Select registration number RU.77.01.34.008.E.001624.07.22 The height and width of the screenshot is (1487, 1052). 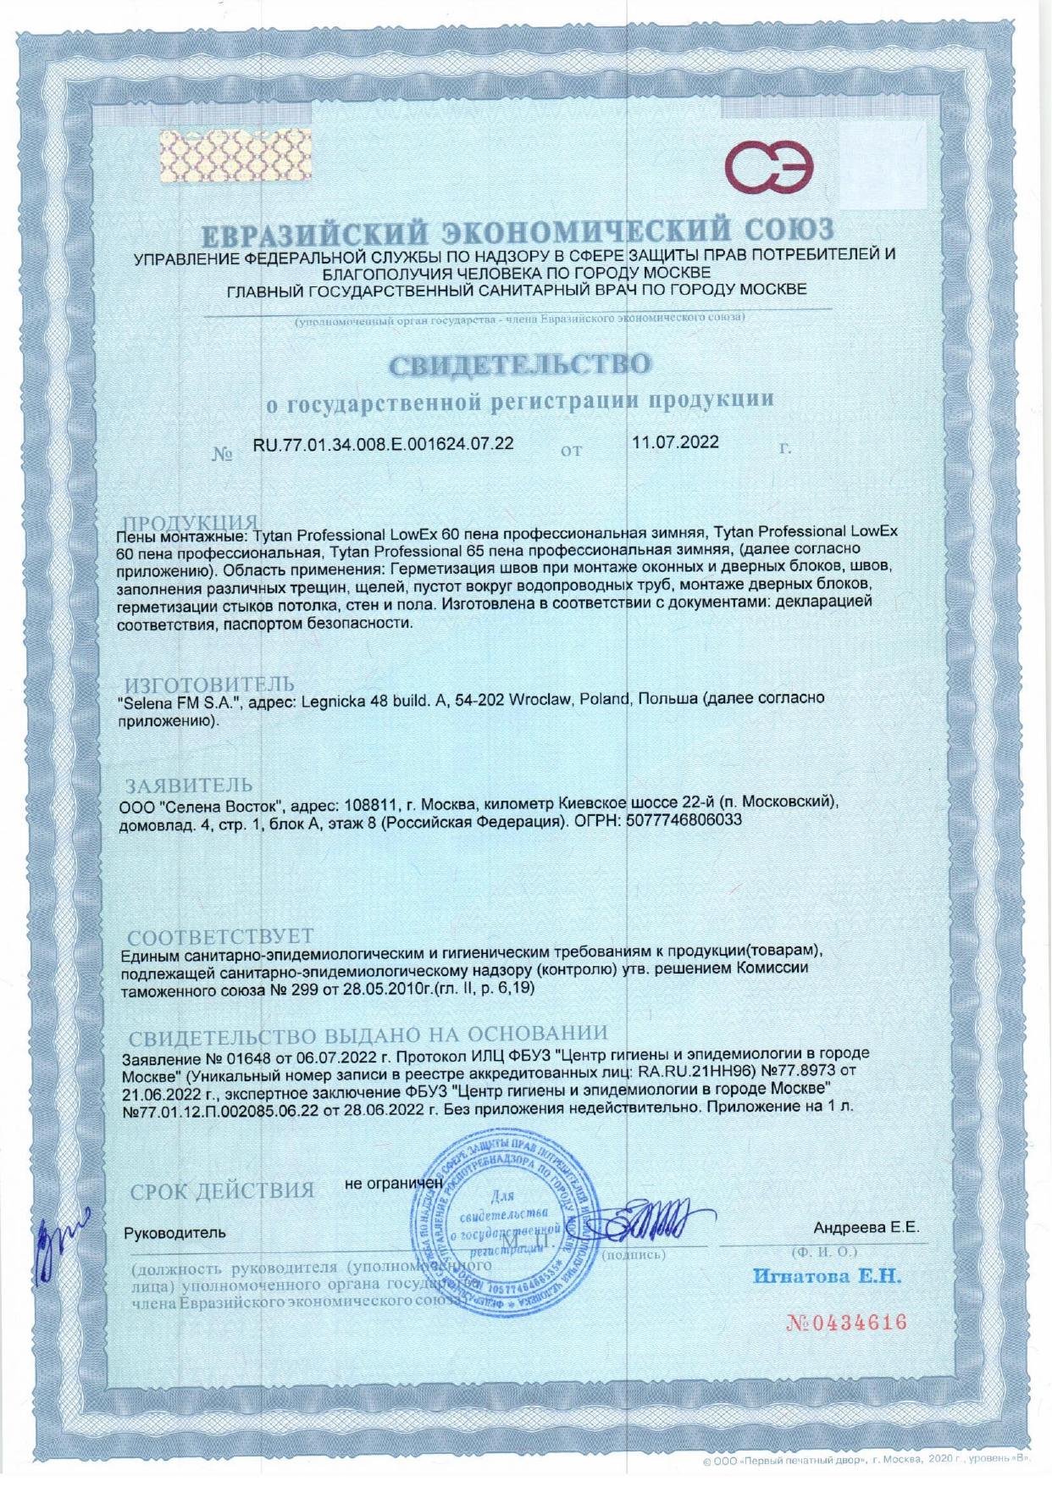coord(384,443)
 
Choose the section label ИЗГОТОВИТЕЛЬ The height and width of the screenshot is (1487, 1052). coord(210,684)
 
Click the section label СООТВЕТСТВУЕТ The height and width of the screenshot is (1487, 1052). coord(219,937)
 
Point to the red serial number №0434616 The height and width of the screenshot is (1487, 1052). coord(847,1323)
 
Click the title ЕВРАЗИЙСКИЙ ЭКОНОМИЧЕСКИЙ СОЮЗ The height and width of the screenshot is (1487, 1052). coord(521,229)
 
